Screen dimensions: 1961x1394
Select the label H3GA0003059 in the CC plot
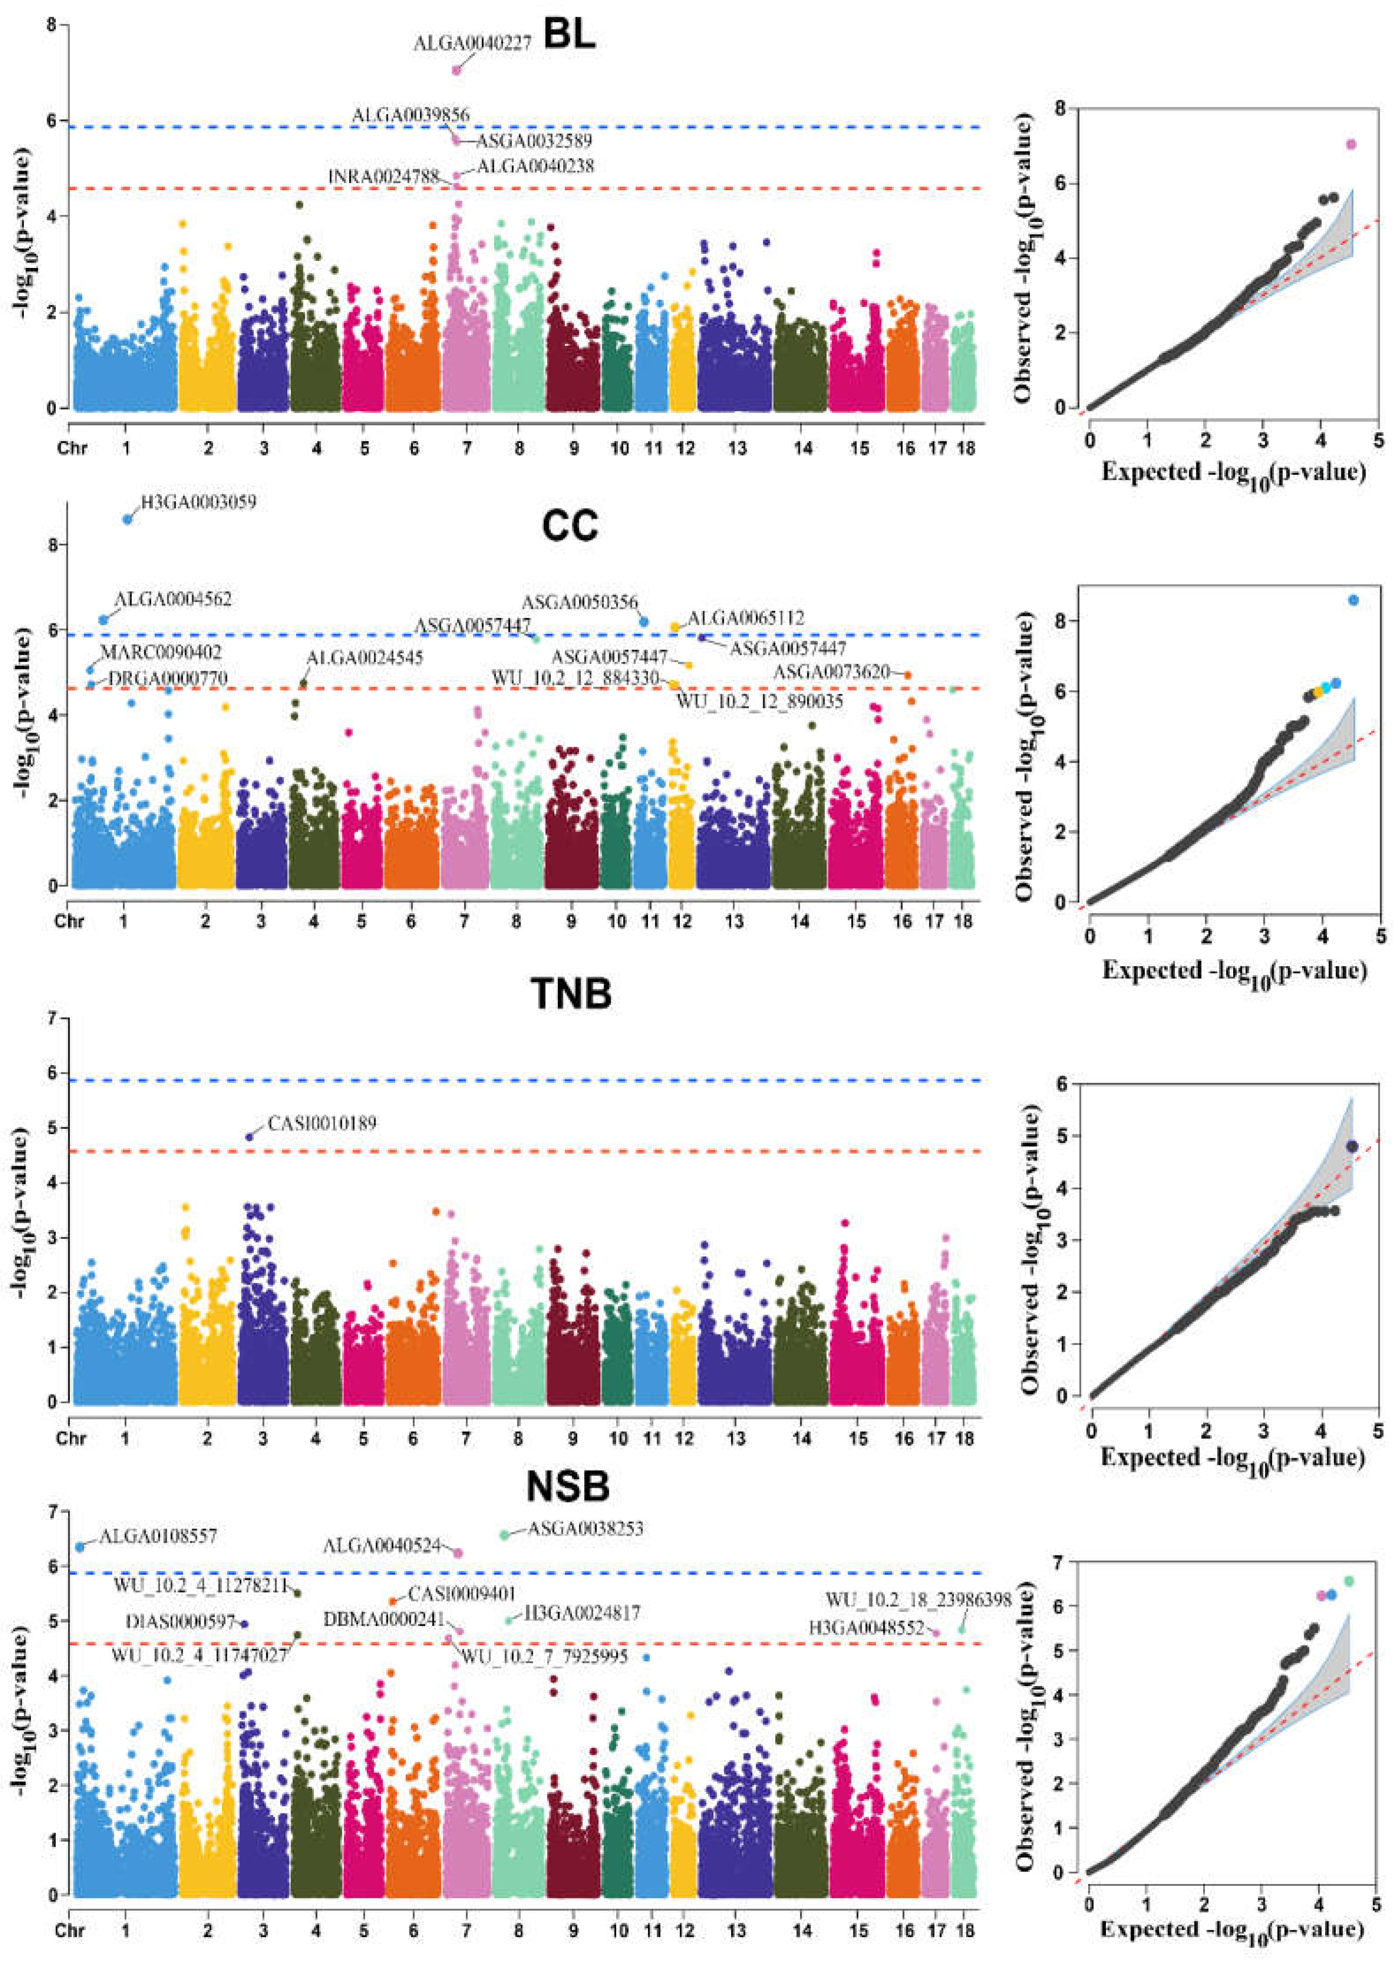198,501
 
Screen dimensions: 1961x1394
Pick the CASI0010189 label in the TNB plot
322,1123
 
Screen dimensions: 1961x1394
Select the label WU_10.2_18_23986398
918,1600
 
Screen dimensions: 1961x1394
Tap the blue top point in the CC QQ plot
1353,600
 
